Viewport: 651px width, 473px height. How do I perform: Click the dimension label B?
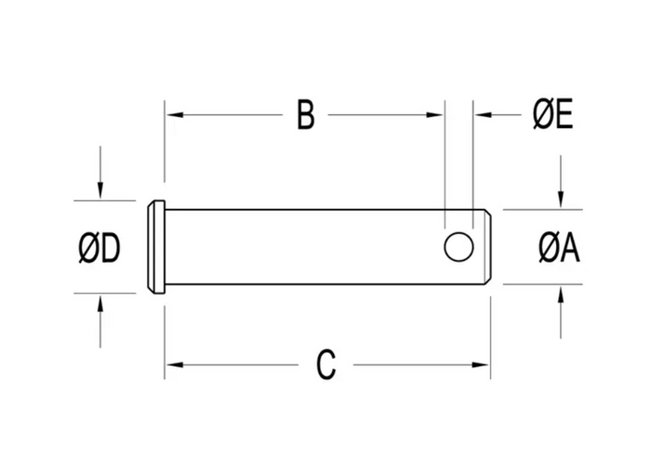[306, 114]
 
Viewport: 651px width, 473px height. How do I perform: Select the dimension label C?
[325, 365]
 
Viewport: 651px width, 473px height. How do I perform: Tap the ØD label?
[100, 248]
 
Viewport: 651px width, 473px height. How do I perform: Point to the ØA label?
[559, 248]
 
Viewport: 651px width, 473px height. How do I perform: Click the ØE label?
[552, 114]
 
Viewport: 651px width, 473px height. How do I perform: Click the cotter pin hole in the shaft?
[458, 247]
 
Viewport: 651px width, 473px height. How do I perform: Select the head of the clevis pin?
[156, 247]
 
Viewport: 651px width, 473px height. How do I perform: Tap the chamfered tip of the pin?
[488, 247]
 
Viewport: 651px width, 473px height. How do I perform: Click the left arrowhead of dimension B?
[175, 114]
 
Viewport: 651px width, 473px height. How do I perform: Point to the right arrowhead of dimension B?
[434, 114]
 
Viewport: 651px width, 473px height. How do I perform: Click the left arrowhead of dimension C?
[175, 365]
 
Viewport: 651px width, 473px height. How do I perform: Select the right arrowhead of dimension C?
[481, 365]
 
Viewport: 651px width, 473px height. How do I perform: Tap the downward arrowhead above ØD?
[100, 191]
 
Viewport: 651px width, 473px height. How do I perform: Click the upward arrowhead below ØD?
[100, 303]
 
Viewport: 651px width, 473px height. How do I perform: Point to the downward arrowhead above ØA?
[561, 199]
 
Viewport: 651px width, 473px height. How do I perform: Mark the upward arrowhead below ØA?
[561, 295]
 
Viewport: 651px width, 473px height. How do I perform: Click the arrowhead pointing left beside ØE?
[484, 114]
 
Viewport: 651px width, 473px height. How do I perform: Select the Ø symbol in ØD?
[88, 248]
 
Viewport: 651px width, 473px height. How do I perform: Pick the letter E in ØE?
[565, 114]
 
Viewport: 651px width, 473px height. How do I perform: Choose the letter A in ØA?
[570, 248]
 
